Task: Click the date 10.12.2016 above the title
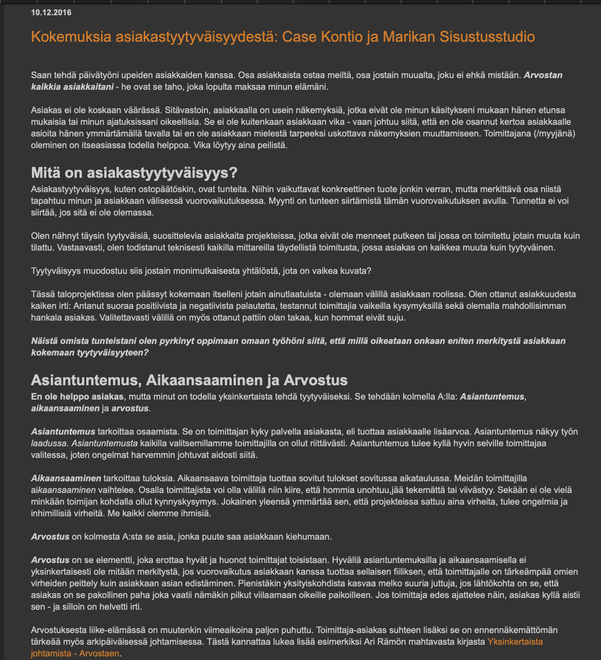coord(51,13)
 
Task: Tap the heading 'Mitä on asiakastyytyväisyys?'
coord(134,172)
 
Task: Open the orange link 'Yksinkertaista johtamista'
coord(515,642)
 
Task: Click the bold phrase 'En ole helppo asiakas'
coord(77,397)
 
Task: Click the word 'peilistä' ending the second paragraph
coord(270,145)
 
